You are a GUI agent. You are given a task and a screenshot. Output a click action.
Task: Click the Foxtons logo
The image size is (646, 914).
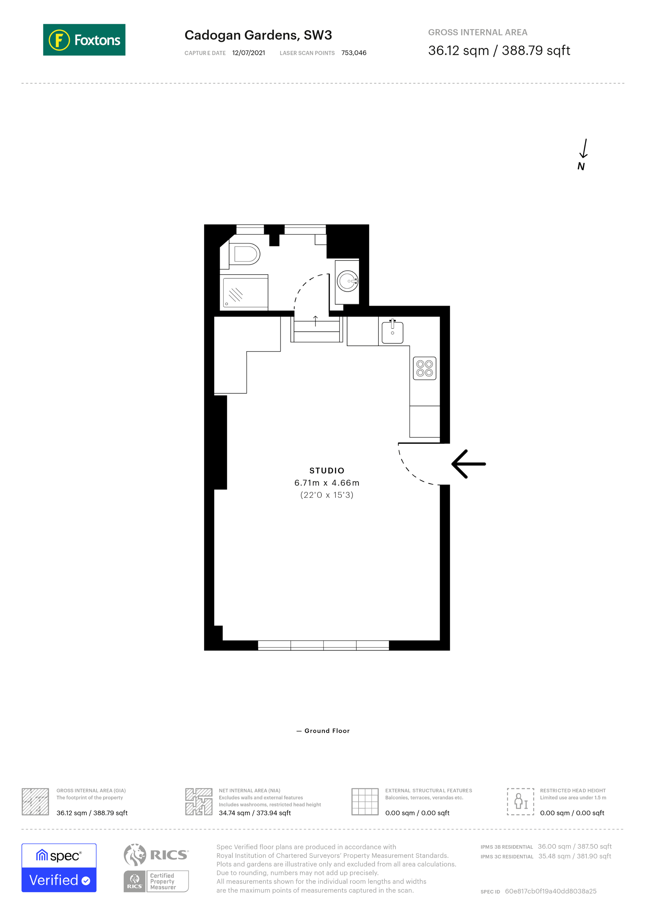(x=84, y=40)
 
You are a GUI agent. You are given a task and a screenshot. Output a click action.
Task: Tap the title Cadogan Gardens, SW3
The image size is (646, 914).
(x=258, y=35)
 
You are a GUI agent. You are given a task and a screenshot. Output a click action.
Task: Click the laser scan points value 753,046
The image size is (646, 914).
(x=353, y=53)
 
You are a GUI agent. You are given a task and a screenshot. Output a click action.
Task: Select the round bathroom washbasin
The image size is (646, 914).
(x=347, y=281)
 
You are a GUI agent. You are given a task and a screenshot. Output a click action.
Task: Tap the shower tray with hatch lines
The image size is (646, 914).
(x=245, y=293)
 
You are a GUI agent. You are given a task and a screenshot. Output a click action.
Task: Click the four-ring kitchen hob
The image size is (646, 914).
(x=424, y=368)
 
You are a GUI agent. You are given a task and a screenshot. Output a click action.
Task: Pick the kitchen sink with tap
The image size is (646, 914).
(x=392, y=332)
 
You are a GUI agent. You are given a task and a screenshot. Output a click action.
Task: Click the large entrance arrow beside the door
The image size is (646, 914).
(x=469, y=464)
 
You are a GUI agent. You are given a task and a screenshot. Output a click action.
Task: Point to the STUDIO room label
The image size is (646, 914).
(x=327, y=471)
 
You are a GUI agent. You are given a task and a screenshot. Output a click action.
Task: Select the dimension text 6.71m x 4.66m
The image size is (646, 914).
(x=327, y=483)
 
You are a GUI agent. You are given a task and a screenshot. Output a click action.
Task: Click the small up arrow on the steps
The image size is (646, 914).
(x=315, y=321)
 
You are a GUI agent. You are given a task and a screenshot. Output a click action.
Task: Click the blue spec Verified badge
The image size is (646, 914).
(x=59, y=868)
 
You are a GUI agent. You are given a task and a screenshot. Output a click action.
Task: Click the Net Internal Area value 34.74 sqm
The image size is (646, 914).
(x=255, y=813)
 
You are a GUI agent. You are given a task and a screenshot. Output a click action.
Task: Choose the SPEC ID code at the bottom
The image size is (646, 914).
(x=550, y=891)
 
